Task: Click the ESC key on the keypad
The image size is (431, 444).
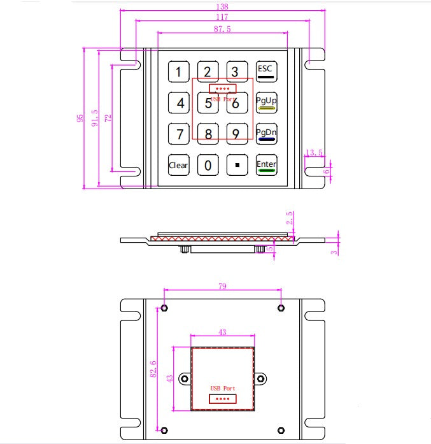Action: (266, 71)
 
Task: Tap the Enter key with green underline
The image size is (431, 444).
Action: (266, 166)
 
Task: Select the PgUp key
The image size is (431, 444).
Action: (266, 102)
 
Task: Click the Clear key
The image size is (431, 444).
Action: (178, 166)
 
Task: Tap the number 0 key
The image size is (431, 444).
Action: (208, 166)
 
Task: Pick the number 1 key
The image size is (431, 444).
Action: (178, 71)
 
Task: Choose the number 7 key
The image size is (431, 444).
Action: (178, 134)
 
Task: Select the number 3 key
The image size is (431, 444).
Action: (236, 71)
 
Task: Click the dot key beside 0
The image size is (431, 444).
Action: (237, 166)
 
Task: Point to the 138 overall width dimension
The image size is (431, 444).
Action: (222, 6)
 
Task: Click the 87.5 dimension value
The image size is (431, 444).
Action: (222, 29)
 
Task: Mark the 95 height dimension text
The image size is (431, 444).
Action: (80, 118)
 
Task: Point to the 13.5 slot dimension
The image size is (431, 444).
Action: (314, 152)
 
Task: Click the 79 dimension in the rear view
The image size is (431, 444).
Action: (222, 287)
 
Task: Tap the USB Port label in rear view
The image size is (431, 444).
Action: (223, 388)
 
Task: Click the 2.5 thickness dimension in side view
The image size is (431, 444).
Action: (290, 218)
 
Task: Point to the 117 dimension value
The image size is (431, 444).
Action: (222, 17)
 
